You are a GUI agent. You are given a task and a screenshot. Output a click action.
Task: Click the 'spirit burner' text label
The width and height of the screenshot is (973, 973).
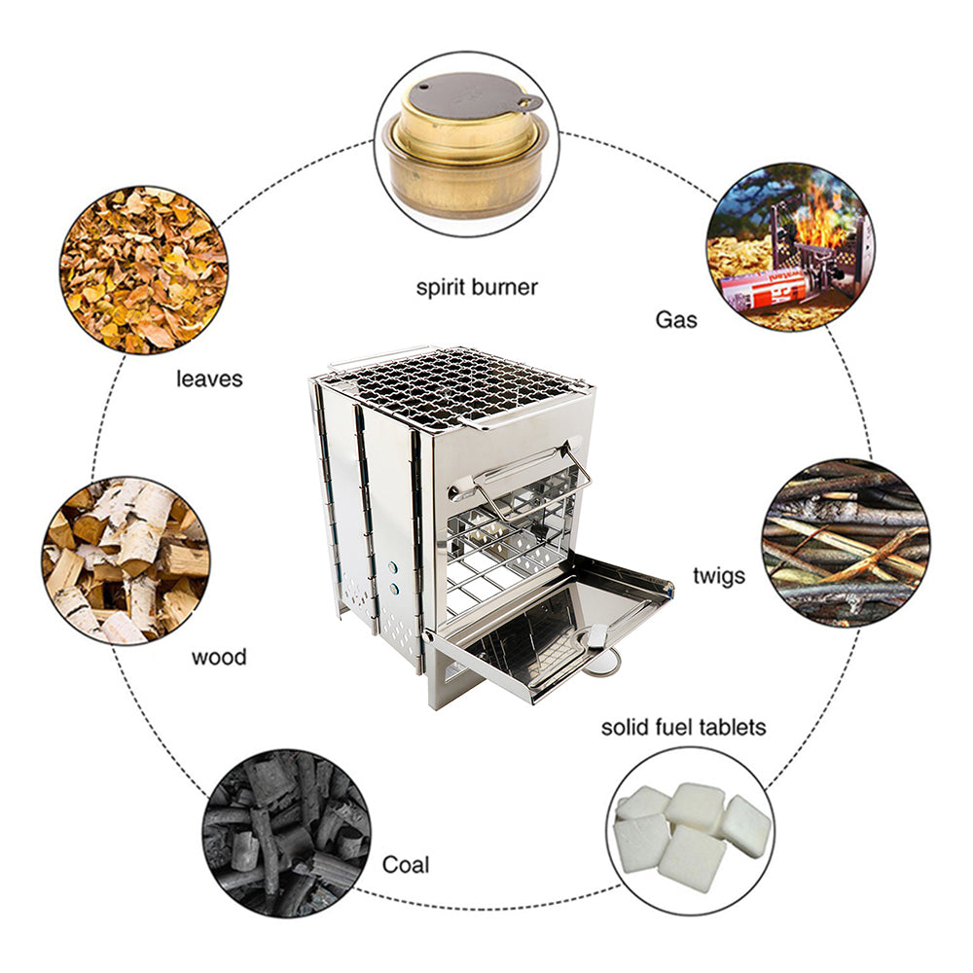pyautogui.click(x=476, y=287)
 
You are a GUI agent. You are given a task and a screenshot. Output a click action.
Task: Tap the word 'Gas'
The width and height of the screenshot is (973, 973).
pyautogui.click(x=675, y=319)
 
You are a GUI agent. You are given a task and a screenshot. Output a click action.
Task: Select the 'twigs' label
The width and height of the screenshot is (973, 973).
pyautogui.click(x=718, y=575)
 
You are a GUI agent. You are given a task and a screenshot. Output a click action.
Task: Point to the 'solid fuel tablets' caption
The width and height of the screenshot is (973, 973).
pyautogui.click(x=683, y=727)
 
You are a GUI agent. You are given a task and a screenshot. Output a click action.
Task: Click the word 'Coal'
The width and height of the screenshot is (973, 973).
pyautogui.click(x=405, y=864)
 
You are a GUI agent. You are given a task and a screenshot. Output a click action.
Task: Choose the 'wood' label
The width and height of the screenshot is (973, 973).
pyautogui.click(x=218, y=657)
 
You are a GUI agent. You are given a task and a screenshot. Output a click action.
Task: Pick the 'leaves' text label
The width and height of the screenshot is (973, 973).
pyautogui.click(x=208, y=378)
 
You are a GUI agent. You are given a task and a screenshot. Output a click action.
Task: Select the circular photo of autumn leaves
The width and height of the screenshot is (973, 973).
pyautogui.click(x=143, y=269)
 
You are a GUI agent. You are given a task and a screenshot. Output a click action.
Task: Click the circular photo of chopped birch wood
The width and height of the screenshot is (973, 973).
pyautogui.click(x=126, y=560)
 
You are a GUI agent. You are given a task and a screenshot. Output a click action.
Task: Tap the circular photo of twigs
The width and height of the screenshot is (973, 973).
pyautogui.click(x=845, y=542)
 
